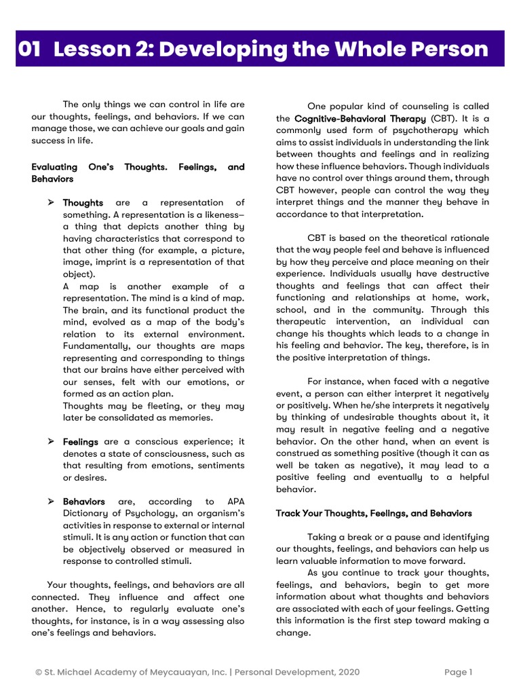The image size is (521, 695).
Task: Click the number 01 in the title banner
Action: tap(30, 49)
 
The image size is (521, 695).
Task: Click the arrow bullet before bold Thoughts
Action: tap(50, 202)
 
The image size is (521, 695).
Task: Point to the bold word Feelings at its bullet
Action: tap(80, 442)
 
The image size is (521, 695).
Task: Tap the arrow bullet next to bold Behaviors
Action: tap(50, 501)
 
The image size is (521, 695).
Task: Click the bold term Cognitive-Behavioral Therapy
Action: tap(360, 119)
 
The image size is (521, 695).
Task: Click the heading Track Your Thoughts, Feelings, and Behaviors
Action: tap(373, 513)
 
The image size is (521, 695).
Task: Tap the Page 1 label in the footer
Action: tap(458, 673)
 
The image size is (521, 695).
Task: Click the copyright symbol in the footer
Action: tap(39, 673)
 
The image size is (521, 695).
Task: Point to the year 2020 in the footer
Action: tap(347, 673)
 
